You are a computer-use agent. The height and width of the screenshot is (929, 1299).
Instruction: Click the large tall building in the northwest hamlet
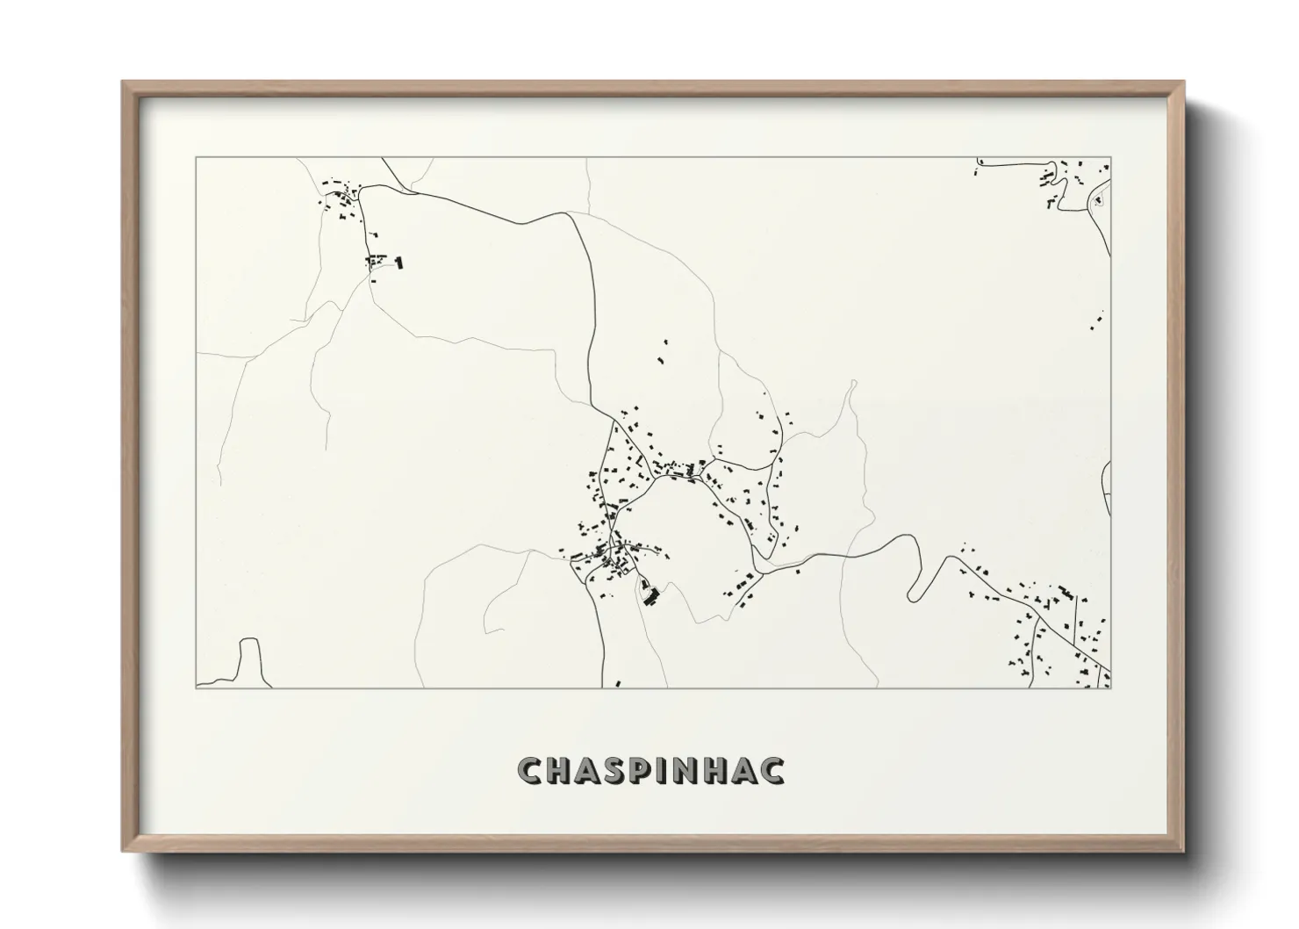tap(399, 262)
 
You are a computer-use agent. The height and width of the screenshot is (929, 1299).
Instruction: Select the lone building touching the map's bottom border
tap(618, 682)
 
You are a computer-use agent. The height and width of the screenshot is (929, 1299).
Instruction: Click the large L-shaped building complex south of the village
tap(649, 594)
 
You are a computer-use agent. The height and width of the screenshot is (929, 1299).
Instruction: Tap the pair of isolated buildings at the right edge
tap(1097, 321)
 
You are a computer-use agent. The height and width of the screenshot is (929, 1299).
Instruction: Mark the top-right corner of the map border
tap(1110, 158)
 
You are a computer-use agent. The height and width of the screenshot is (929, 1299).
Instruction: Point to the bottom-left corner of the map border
tap(196, 688)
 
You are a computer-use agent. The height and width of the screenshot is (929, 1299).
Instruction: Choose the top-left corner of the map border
tap(196, 158)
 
